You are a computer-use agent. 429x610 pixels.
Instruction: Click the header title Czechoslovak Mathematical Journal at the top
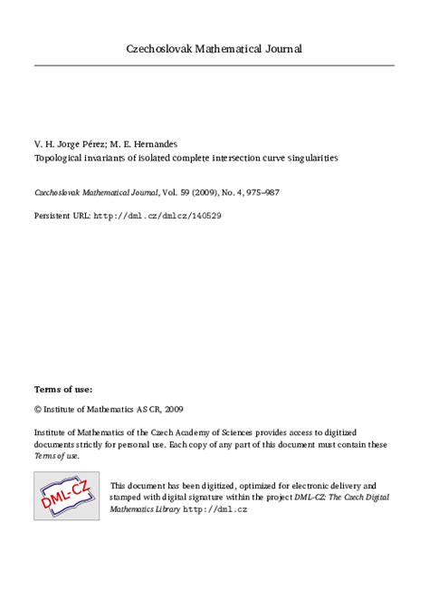(x=214, y=48)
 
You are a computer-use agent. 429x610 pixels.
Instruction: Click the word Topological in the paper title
(x=59, y=157)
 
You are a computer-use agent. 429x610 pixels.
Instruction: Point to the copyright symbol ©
(x=38, y=409)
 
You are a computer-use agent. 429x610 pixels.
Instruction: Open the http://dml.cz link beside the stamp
(x=215, y=510)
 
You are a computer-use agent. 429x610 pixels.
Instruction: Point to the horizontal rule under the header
(x=214, y=65)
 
